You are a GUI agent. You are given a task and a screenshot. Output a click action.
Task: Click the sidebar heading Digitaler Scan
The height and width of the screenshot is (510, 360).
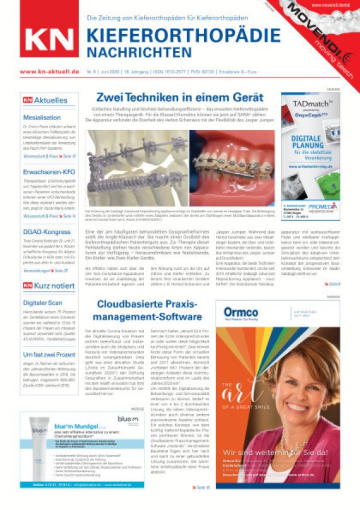click(x=46, y=285)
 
